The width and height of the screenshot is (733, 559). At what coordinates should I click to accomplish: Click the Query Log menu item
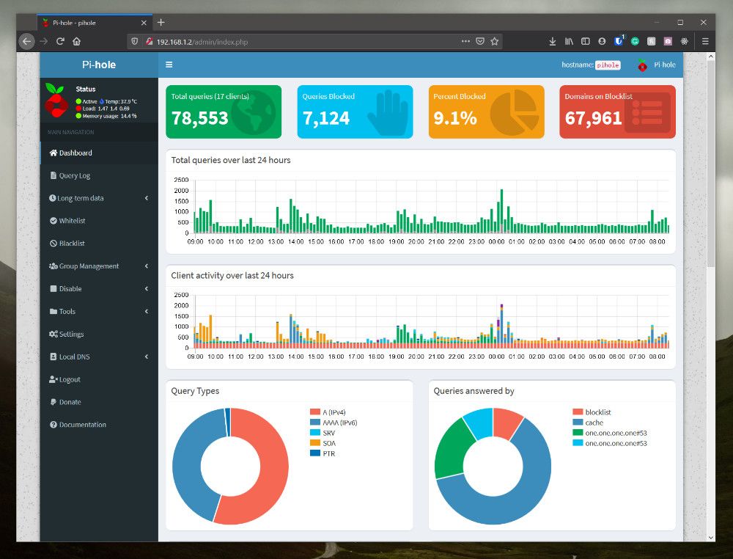[74, 176]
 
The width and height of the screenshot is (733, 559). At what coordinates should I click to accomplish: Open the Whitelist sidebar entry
[72, 221]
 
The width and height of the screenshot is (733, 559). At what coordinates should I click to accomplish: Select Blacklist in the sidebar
[72, 244]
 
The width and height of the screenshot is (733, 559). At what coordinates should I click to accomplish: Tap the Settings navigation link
[71, 335]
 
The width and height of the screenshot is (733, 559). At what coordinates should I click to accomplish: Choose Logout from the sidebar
[70, 380]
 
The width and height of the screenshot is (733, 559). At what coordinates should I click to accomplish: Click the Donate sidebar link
[70, 403]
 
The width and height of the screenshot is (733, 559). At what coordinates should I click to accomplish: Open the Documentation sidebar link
[82, 425]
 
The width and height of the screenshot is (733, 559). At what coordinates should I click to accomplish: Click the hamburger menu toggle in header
[169, 65]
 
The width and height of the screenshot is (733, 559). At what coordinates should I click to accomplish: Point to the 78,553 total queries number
[200, 118]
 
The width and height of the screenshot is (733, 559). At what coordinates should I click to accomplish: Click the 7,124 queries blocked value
[326, 118]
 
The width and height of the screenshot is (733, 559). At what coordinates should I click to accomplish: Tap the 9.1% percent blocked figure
[455, 118]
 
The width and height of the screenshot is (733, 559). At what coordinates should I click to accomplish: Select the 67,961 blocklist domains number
[594, 118]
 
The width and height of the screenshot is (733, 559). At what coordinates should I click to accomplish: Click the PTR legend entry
[328, 454]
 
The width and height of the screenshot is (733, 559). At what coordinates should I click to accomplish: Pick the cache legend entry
[594, 423]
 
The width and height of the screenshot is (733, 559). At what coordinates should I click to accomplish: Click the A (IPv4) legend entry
[336, 412]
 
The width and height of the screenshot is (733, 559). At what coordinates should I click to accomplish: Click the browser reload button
[60, 41]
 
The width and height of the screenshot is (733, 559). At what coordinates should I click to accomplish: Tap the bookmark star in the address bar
[495, 41]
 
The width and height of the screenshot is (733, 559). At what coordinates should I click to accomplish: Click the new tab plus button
[161, 22]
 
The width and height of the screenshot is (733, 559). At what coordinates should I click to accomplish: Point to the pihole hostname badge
[608, 65]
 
